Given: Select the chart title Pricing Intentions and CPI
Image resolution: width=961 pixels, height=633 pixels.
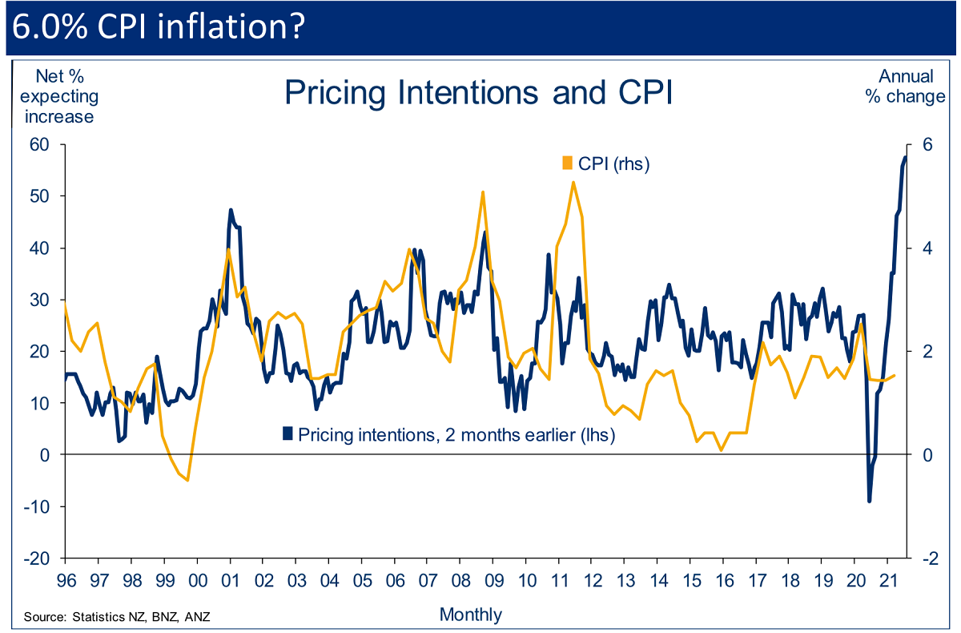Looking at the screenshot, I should (477, 93).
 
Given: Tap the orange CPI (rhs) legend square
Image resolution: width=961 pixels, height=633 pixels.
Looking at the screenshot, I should (568, 163).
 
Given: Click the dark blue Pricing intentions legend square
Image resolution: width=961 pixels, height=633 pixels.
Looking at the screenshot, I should (287, 433).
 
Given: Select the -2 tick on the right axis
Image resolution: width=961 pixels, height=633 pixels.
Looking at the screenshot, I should (924, 558).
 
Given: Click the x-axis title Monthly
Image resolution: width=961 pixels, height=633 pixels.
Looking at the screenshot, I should (471, 615).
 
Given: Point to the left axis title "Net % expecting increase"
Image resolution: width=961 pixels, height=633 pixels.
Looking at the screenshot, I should (57, 96).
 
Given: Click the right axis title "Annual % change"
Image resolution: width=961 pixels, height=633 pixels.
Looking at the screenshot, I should (906, 87).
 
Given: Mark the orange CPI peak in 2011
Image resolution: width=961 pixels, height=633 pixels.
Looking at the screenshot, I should (573, 182).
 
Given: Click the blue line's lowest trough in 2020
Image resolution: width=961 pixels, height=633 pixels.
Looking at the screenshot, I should (870, 502).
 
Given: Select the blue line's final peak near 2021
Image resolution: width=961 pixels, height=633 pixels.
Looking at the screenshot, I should (906, 157).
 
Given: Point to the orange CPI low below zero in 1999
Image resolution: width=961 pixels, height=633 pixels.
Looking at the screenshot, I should (187, 480).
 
